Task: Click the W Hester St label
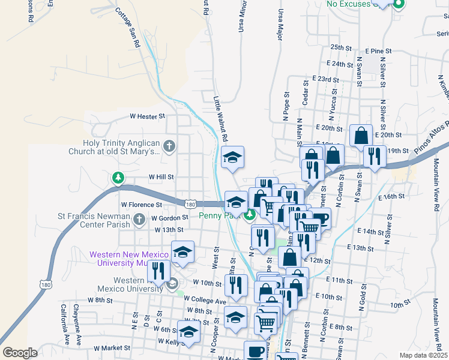pos(148,116)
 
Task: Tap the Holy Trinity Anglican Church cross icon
pos(170,146)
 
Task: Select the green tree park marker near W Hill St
pos(118,178)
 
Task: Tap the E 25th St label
pos(340,47)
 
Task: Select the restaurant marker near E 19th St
pos(375,157)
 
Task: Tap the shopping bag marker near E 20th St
pos(361,136)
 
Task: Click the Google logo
pos(20,352)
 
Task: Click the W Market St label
pos(112,347)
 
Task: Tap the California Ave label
pos(63,325)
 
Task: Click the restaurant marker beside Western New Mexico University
pos(158,271)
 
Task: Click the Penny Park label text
pos(214,215)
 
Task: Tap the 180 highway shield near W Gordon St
pos(190,205)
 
